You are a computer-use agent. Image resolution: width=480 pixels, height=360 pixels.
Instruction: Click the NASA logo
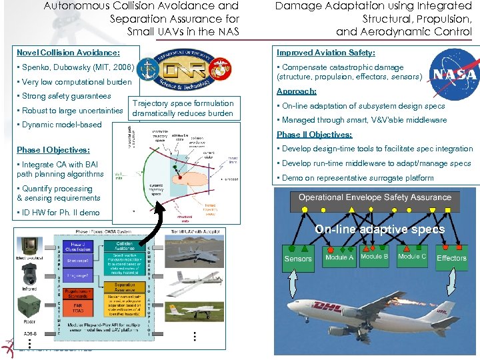(453, 74)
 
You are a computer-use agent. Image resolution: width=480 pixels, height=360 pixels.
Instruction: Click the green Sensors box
(298, 259)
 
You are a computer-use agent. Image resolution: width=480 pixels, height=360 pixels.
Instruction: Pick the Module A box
(339, 257)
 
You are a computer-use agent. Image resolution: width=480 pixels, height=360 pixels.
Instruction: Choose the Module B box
(375, 257)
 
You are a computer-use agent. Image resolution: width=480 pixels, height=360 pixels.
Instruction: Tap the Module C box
(411, 257)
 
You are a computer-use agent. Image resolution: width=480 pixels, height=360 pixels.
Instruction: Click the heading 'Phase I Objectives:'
(53, 150)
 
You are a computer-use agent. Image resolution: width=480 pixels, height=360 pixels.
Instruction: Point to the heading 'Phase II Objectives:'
(314, 135)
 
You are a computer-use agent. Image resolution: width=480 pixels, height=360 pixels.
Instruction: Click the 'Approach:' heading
(297, 91)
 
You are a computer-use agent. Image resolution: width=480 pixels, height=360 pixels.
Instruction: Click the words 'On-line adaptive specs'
(379, 229)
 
